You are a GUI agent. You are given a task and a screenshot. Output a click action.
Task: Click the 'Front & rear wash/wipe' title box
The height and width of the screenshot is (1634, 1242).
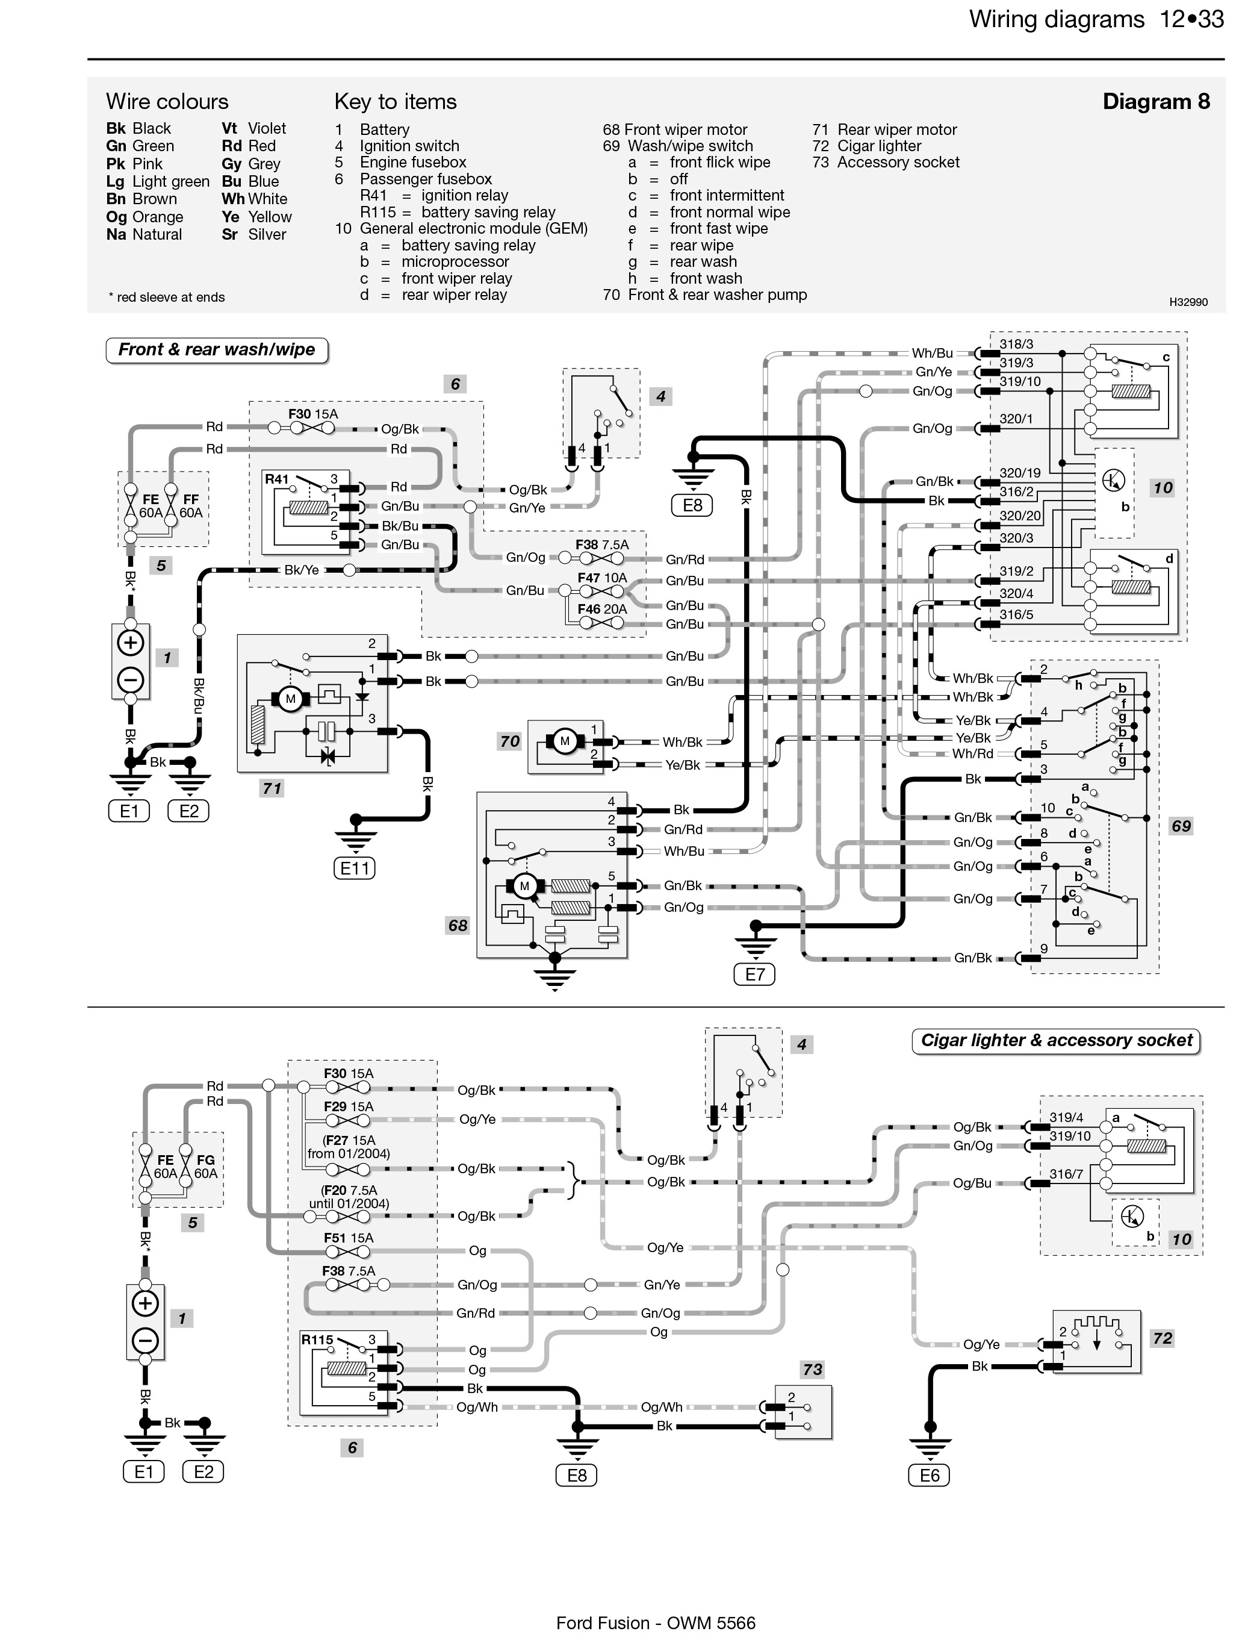(x=217, y=350)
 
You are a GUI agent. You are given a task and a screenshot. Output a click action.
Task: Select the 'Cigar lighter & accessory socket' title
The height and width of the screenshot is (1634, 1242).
(x=1057, y=1041)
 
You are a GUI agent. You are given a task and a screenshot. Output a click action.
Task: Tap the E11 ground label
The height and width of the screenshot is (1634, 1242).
(x=354, y=868)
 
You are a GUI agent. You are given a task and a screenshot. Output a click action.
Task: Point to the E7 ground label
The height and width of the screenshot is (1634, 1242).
(x=755, y=974)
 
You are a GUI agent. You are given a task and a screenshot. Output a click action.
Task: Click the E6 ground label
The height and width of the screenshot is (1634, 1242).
(x=930, y=1476)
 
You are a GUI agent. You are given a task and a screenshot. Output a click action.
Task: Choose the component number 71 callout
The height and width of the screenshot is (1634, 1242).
(x=272, y=788)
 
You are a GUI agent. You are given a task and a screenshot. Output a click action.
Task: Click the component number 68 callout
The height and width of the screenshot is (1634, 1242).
(x=458, y=925)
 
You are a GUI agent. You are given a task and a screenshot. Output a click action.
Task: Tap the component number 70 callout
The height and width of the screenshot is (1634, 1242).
(x=509, y=741)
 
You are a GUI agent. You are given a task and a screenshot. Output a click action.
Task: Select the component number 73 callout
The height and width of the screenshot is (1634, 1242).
(x=813, y=1369)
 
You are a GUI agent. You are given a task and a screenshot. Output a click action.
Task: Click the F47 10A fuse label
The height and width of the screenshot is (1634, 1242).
(x=602, y=578)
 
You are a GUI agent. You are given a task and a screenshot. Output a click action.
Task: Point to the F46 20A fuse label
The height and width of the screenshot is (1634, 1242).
(x=602, y=610)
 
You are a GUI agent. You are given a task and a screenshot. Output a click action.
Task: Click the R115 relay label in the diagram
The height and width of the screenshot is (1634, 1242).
(x=317, y=1339)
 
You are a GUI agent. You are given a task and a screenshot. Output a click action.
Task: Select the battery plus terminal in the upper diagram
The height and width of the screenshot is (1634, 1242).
(x=131, y=643)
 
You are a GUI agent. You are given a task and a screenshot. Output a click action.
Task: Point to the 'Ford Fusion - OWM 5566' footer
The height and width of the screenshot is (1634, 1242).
(x=656, y=1623)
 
